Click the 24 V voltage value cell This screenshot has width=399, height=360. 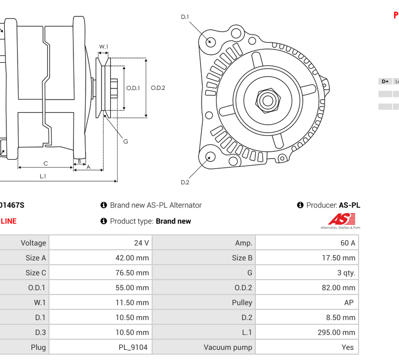pyautogui.click(x=141, y=243)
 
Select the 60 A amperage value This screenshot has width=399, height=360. pyautogui.click(x=347, y=243)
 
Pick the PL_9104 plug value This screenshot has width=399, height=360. pyautogui.click(x=133, y=347)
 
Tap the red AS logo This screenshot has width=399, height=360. pyautogui.click(x=341, y=219)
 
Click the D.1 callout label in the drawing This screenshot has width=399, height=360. pyautogui.click(x=185, y=17)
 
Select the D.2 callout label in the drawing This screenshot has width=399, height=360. pyautogui.click(x=185, y=182)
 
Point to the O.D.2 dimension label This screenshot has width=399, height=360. pyautogui.click(x=158, y=88)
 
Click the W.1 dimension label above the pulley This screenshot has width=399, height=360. pyautogui.click(x=104, y=47)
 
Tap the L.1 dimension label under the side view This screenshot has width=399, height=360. pyautogui.click(x=43, y=176)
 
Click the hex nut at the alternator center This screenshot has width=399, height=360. pyautogui.click(x=268, y=100)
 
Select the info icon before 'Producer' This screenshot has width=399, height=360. pyautogui.click(x=300, y=205)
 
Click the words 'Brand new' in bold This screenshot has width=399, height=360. pyautogui.click(x=173, y=221)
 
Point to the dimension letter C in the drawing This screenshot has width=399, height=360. pyautogui.click(x=46, y=163)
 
